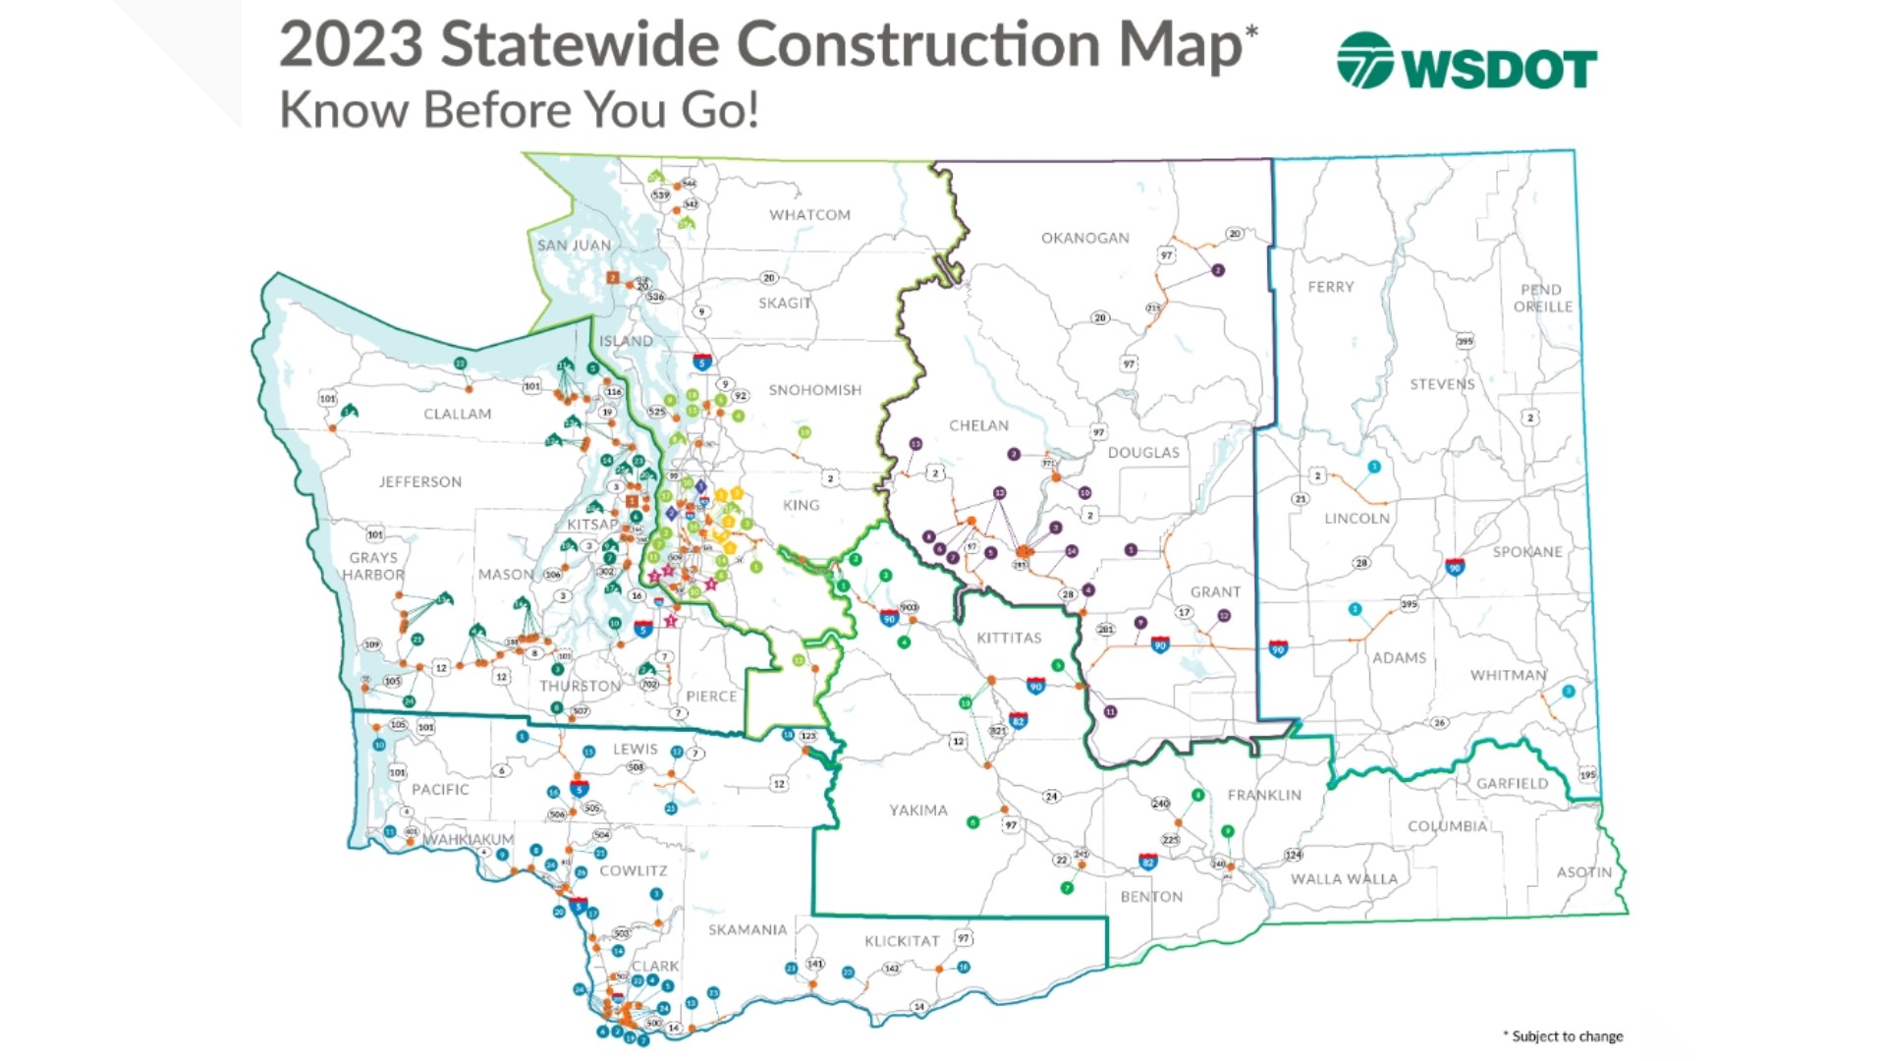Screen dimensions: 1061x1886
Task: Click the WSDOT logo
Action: [x=1466, y=62]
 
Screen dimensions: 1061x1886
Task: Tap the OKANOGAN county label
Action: [x=1084, y=238]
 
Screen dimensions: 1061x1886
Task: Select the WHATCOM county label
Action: [x=809, y=215]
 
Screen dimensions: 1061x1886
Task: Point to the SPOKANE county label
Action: [x=1526, y=552]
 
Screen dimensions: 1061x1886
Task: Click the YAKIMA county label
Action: [x=918, y=810]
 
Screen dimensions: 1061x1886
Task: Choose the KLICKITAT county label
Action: [x=902, y=941]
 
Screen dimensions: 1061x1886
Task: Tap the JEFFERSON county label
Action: [x=419, y=482]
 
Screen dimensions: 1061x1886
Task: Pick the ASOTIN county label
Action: [x=1583, y=872]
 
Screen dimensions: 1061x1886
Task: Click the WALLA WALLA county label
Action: [x=1343, y=879]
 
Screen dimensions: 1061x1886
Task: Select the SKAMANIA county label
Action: [x=747, y=930]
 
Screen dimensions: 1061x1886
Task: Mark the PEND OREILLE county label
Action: [x=1541, y=299]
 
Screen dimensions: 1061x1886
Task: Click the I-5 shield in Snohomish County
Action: [x=701, y=362]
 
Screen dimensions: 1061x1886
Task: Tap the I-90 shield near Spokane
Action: [x=1455, y=568]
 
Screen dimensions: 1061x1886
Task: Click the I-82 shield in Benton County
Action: [x=1147, y=863]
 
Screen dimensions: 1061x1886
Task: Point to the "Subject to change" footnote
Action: [x=1566, y=1036]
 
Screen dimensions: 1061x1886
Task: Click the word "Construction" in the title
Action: [x=917, y=46]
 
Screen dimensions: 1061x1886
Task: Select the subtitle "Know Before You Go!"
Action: [x=519, y=110]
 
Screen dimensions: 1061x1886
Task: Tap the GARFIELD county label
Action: [x=1512, y=784]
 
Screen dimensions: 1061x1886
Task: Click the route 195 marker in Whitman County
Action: [x=1587, y=775]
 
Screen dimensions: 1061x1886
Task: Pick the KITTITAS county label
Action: [x=1009, y=639]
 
